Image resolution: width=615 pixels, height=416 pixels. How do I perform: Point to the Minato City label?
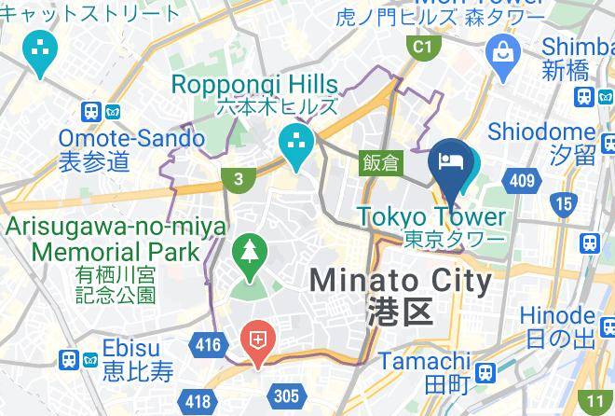[401, 280]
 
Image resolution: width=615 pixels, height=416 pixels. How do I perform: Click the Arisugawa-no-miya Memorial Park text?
[116, 239]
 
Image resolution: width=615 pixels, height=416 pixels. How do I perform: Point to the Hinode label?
[557, 315]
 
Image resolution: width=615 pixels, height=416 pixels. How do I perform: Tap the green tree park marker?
[249, 254]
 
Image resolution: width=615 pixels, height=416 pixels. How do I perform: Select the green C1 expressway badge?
[424, 46]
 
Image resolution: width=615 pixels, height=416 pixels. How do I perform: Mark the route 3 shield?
[240, 179]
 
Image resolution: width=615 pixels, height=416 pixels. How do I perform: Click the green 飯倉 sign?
[380, 162]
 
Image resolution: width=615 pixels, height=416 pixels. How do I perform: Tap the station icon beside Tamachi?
[484, 373]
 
